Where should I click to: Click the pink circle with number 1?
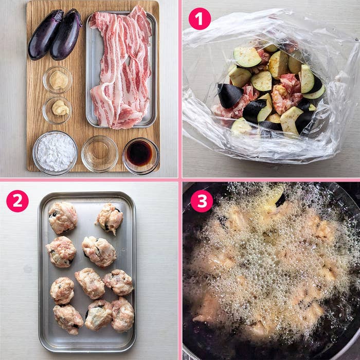click(x=200, y=19)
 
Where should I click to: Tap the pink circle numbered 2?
click(x=17, y=201)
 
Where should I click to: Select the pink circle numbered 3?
click(x=202, y=201)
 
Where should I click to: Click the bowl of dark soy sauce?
click(x=140, y=156)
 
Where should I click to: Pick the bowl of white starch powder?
click(x=55, y=153)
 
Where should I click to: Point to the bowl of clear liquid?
click(x=100, y=154)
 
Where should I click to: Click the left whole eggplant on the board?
click(x=45, y=34)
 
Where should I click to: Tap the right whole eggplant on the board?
click(x=66, y=34)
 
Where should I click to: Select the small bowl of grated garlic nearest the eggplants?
click(x=58, y=80)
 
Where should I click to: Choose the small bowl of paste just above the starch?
click(x=57, y=110)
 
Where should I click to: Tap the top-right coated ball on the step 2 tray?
click(x=110, y=218)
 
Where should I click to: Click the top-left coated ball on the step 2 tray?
click(x=63, y=218)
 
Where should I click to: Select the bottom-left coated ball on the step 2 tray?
click(x=68, y=319)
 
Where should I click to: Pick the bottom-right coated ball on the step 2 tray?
click(x=122, y=314)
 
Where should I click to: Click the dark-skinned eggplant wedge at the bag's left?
click(x=230, y=96)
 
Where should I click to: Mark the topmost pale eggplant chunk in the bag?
click(x=247, y=57)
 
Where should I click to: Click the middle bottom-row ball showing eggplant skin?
click(x=98, y=315)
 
